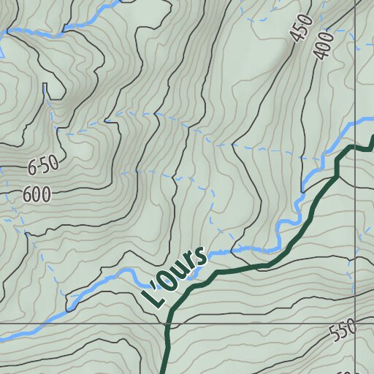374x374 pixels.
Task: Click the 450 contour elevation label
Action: pos(301,29)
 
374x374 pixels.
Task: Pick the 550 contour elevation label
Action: pos(343,330)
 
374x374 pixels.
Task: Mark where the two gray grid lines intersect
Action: pos(356,321)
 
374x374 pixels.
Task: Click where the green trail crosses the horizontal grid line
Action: pos(168,322)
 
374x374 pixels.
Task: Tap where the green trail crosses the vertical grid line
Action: pos(356,147)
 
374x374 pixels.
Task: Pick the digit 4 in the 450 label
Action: pos(296,37)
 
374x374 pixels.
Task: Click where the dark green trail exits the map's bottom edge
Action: pos(162,372)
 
